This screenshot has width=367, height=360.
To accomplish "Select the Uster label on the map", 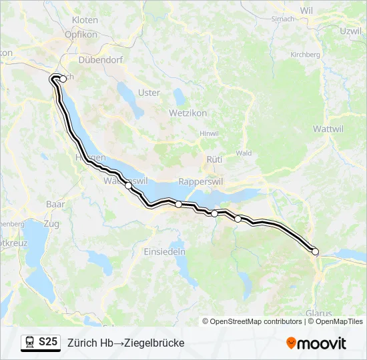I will pyautogui.click(x=148, y=93).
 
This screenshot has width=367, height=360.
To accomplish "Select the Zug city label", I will pyautogui.click(x=51, y=224).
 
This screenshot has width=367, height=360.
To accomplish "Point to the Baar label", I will pyautogui.click(x=55, y=203).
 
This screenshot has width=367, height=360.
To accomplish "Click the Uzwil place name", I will pyautogui.click(x=350, y=31).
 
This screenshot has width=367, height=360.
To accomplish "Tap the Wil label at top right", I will pyautogui.click(x=306, y=11).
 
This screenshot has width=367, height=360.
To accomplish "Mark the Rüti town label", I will pyautogui.click(x=214, y=160).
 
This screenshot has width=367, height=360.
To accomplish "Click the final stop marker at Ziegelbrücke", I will pyautogui.click(x=316, y=251).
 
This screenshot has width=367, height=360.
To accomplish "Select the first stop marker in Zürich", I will pyautogui.click(x=63, y=78).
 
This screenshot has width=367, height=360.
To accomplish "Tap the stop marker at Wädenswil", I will pyautogui.click(x=128, y=185).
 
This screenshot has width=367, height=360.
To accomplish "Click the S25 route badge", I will pyautogui.click(x=47, y=342).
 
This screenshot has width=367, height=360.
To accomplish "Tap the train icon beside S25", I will pyautogui.click(x=30, y=342).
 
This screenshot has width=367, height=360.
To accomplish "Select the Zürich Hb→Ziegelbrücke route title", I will pyautogui.click(x=125, y=343).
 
